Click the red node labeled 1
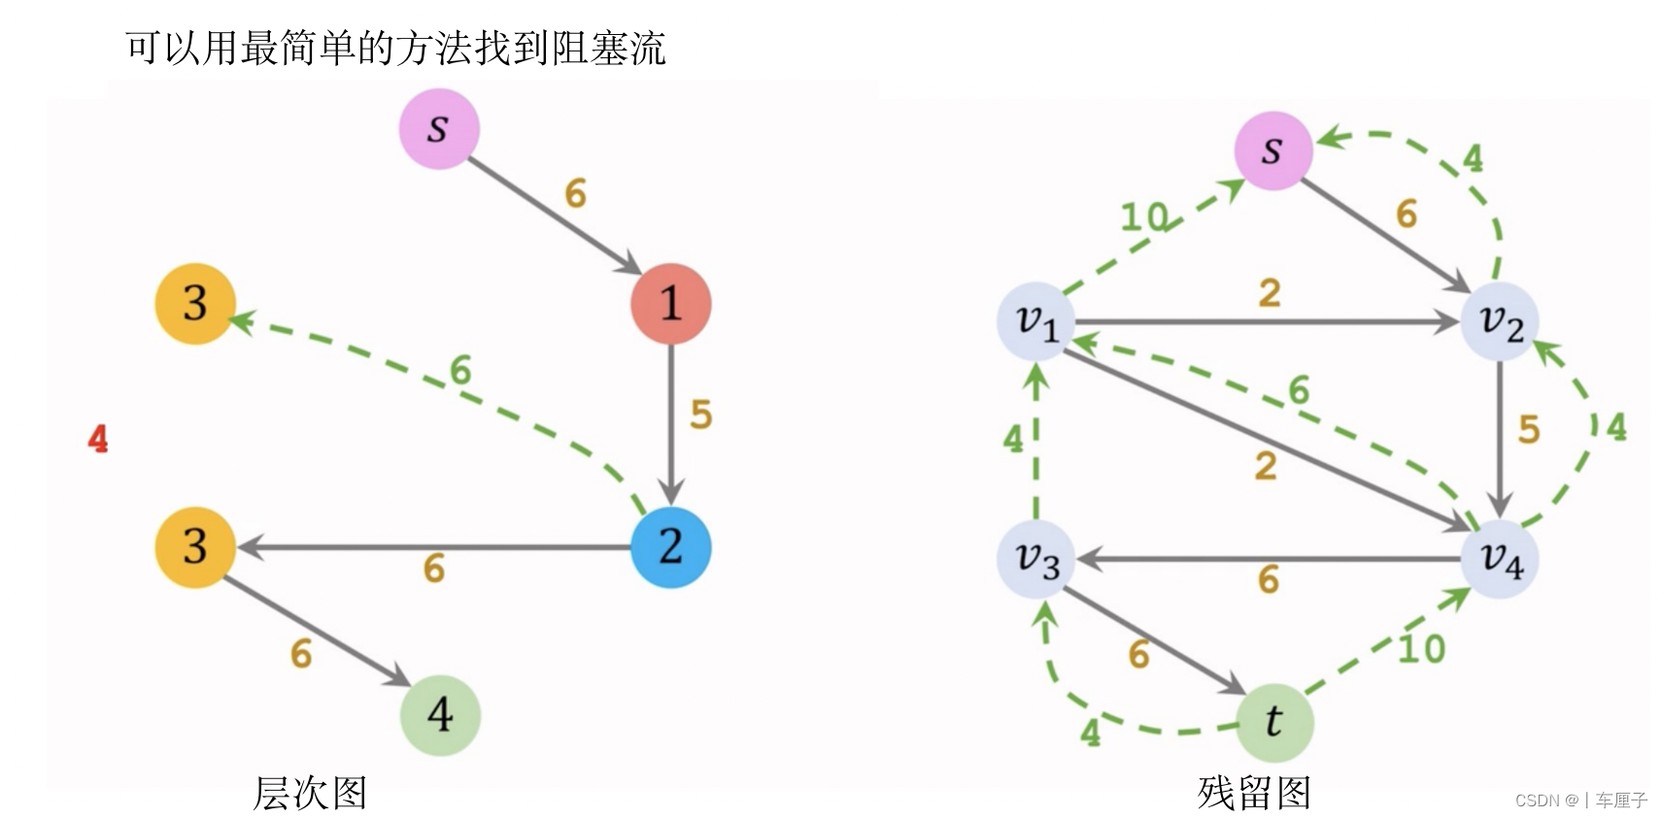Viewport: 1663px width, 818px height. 670,303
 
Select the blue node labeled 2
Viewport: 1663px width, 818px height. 670,547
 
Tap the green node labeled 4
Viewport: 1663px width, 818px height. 440,715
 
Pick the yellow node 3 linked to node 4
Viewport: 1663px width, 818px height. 195,547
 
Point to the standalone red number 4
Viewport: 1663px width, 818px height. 98,439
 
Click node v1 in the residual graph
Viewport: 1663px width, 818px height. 1036,322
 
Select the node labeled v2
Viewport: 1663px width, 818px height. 1500,322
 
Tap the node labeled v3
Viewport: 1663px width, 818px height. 1036,560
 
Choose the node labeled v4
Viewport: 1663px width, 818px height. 1500,560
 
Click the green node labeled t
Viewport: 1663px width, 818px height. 1273,722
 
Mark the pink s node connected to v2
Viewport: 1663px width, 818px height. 1273,151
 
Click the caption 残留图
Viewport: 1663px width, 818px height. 1254,793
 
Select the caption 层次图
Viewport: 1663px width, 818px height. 310,793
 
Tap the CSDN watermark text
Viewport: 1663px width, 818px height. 1580,801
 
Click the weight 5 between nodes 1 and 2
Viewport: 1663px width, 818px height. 701,415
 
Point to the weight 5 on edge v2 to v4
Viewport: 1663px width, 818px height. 1529,429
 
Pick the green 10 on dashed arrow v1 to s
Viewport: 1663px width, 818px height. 1143,217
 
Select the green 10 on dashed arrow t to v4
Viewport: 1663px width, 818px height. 1421,649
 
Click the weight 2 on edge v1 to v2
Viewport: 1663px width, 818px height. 1270,293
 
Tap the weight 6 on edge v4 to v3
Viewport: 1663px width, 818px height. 1269,580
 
